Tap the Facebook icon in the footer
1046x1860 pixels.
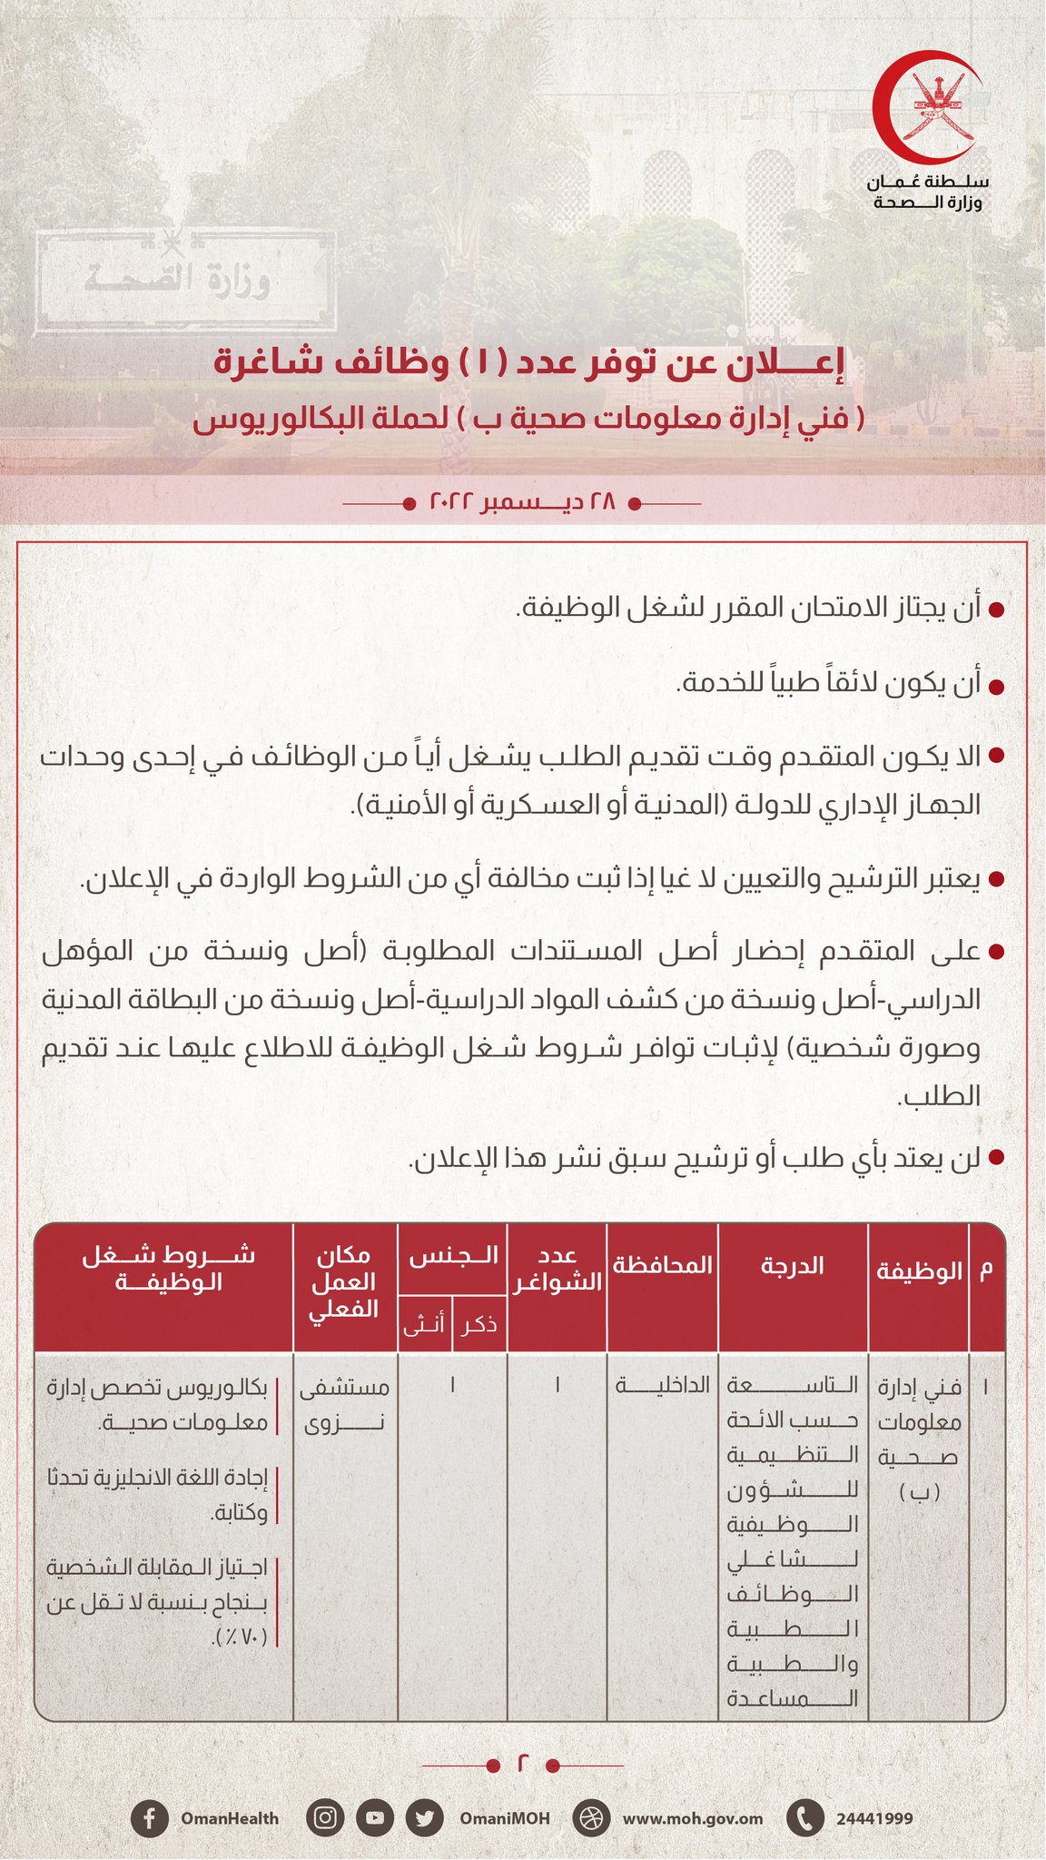click(149, 1818)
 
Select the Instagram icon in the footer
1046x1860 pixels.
click(326, 1818)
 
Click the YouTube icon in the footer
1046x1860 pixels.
click(375, 1818)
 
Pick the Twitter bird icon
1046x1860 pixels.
click(423, 1818)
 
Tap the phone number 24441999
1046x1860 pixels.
click(873, 1818)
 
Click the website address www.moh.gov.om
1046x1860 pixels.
click(692, 1818)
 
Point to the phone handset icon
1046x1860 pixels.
click(804, 1818)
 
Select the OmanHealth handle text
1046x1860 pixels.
click(230, 1818)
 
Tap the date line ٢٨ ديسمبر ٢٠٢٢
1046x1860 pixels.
click(522, 501)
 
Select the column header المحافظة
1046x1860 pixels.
click(662, 1265)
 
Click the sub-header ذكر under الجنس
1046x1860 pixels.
click(479, 1325)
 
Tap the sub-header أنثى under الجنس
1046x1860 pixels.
click(424, 1325)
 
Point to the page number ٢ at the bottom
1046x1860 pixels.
click(522, 1765)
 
